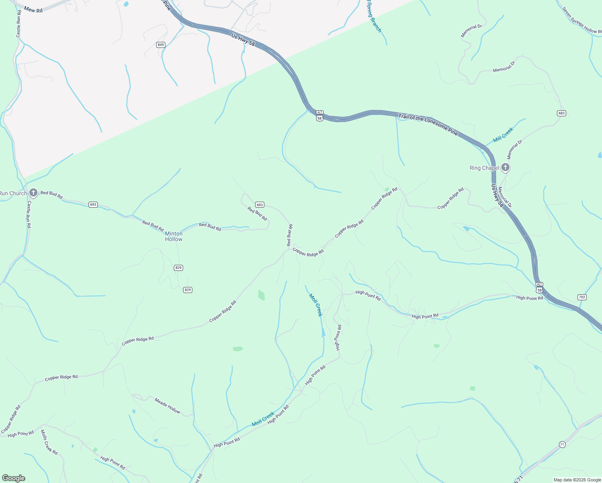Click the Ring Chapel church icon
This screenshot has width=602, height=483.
pyautogui.click(x=505, y=167)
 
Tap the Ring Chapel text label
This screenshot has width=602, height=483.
pyautogui.click(x=484, y=168)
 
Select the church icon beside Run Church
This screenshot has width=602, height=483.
pyautogui.click(x=33, y=193)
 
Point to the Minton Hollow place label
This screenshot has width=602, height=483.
pyautogui.click(x=174, y=236)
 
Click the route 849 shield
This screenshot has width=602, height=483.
pyautogui.click(x=161, y=45)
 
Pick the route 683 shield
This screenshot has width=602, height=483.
pyautogui.click(x=562, y=113)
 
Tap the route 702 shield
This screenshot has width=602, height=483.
pyautogui.click(x=582, y=297)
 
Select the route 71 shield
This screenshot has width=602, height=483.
pyautogui.click(x=562, y=444)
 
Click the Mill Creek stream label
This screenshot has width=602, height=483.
pyautogui.click(x=503, y=135)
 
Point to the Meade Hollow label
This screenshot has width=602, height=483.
pyautogui.click(x=167, y=405)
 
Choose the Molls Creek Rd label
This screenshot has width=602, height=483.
pyautogui.click(x=49, y=442)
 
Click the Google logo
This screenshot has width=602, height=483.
pyautogui.click(x=13, y=478)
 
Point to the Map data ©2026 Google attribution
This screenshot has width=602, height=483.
pyautogui.click(x=577, y=480)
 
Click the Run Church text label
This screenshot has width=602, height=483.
pyautogui.click(x=13, y=194)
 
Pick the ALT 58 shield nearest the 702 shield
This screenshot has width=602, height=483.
pyautogui.click(x=539, y=287)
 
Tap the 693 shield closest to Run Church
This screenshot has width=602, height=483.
pyautogui.click(x=93, y=204)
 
